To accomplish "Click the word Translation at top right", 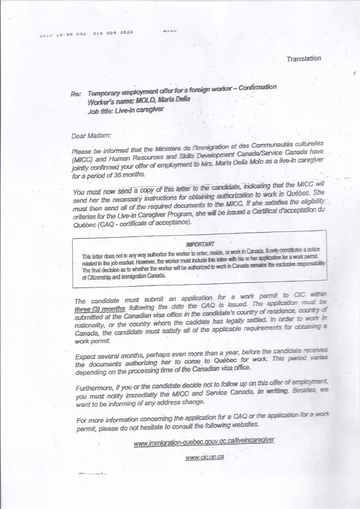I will click(x=303, y=59).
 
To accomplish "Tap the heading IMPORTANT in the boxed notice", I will click(x=201, y=244).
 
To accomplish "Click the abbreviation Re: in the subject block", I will click(x=77, y=95).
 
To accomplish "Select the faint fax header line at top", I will click(x=87, y=35).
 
